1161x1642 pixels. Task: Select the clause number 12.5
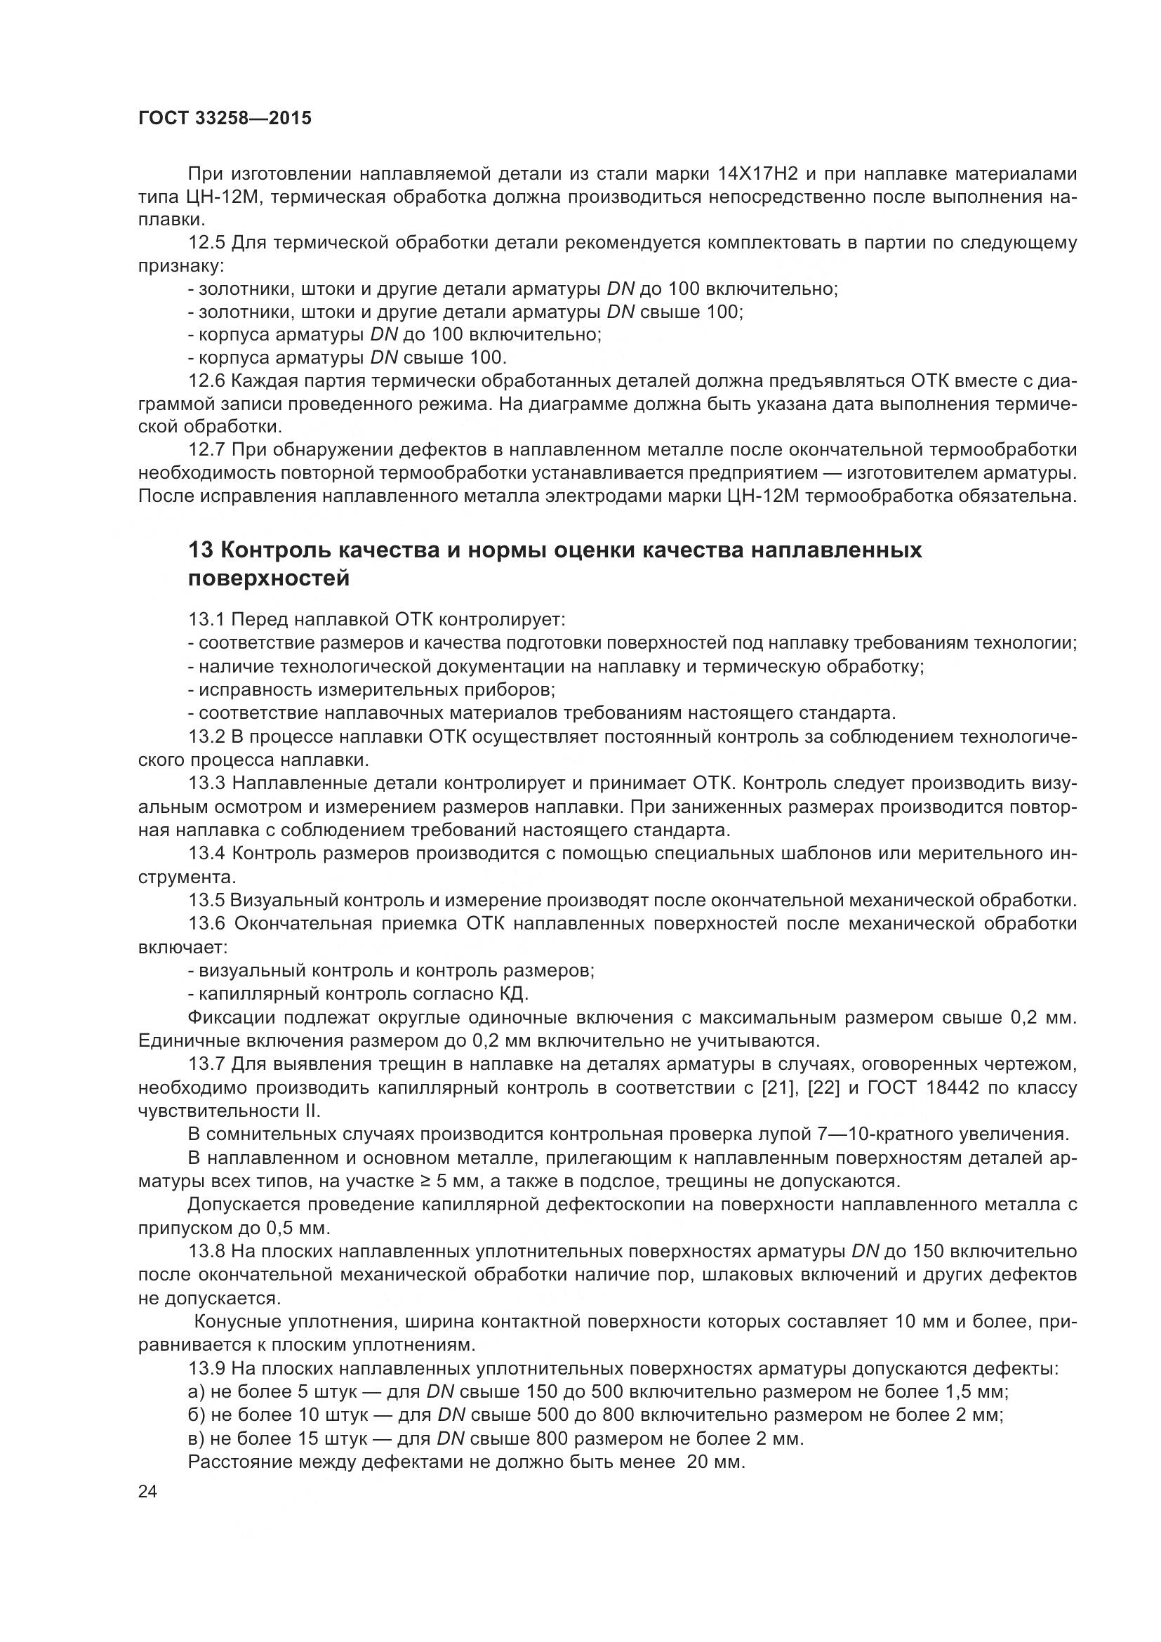pyautogui.click(x=207, y=243)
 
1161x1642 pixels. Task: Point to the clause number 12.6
pyautogui.click(x=207, y=381)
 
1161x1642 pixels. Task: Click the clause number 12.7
pyautogui.click(x=207, y=450)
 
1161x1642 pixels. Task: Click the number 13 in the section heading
pyautogui.click(x=199, y=550)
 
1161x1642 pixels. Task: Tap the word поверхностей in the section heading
pyautogui.click(x=269, y=578)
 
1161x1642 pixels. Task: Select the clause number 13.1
pyautogui.click(x=207, y=618)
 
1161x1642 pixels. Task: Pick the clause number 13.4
pyautogui.click(x=207, y=853)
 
